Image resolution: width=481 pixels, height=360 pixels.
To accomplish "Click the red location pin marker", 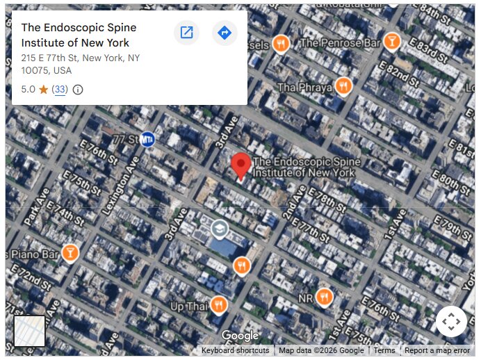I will (x=241, y=165).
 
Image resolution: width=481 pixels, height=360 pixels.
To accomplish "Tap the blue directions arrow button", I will (x=225, y=33).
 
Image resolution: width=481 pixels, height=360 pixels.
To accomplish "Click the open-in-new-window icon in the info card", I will (x=186, y=33).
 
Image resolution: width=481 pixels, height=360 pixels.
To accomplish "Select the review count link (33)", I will (x=60, y=90).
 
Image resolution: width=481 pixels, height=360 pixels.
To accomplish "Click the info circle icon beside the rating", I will (x=78, y=90).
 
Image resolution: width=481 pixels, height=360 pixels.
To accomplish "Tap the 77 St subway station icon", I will (x=147, y=139).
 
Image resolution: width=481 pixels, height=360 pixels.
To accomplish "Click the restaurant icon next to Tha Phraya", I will (x=343, y=86).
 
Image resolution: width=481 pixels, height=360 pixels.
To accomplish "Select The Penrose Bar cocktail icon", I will (x=392, y=42).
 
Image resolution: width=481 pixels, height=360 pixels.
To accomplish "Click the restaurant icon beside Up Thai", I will (x=219, y=305).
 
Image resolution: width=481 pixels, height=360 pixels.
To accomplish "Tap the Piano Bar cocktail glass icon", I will (x=70, y=252).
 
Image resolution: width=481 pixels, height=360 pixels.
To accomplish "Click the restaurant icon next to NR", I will (x=323, y=297).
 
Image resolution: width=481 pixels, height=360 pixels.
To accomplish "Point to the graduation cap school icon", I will (x=220, y=228).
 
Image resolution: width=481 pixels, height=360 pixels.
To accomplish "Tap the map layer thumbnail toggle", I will (x=29, y=331).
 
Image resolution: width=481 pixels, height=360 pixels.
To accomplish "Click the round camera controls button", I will (x=450, y=321).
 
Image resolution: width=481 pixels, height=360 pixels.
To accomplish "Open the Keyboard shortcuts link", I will (x=235, y=350).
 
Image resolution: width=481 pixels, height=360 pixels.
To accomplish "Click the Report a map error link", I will (x=437, y=350).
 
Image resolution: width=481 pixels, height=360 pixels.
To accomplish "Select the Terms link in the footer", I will (x=384, y=350).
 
